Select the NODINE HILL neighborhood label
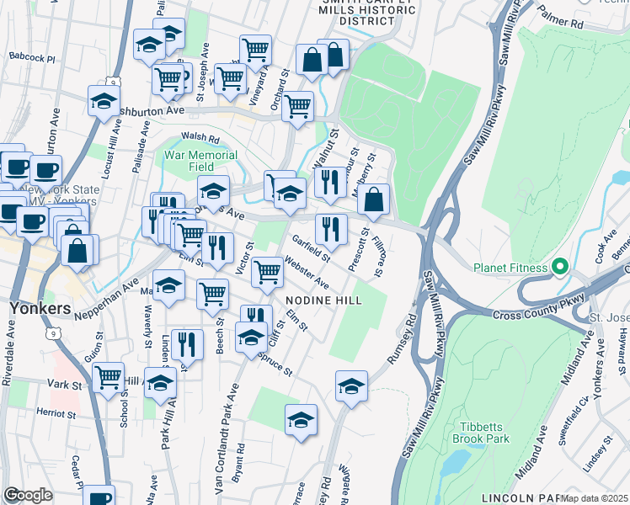323,300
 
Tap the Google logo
28,495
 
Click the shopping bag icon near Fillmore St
373,199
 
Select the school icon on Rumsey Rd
351,385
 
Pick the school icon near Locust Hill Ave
104,100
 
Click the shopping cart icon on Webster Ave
267,271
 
